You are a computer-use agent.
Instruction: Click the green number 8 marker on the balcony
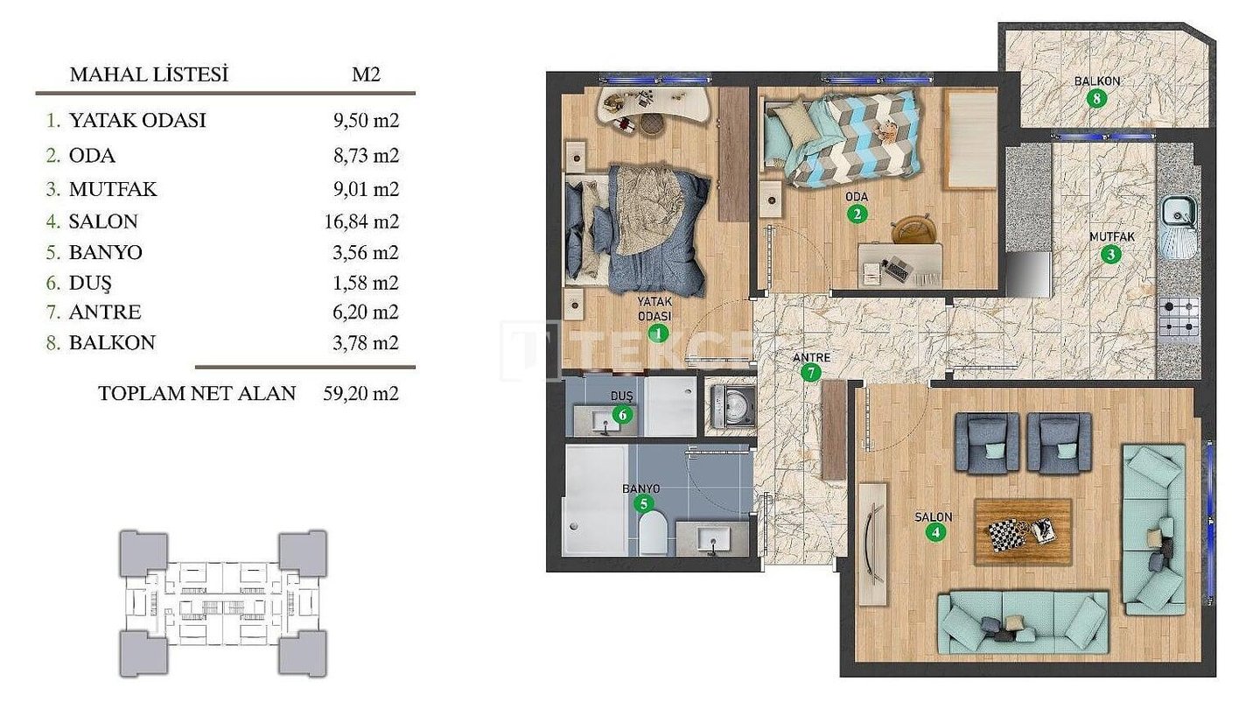(x=1096, y=99)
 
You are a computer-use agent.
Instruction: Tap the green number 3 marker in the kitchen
(x=1110, y=254)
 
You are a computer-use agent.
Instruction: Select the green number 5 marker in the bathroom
(x=643, y=503)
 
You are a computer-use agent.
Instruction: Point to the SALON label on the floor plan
(x=933, y=516)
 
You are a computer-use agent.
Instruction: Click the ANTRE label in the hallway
(x=812, y=357)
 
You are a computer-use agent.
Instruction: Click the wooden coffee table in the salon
(x=1023, y=531)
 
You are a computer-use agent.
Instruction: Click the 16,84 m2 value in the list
(x=361, y=221)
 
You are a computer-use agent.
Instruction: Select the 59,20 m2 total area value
(x=361, y=393)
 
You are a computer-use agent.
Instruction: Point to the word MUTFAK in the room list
(x=113, y=189)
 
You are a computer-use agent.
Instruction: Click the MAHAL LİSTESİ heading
(x=149, y=74)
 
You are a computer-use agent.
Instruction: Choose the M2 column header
(x=366, y=74)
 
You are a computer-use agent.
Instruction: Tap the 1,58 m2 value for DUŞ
(x=366, y=283)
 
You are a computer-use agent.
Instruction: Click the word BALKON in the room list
(x=112, y=342)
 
